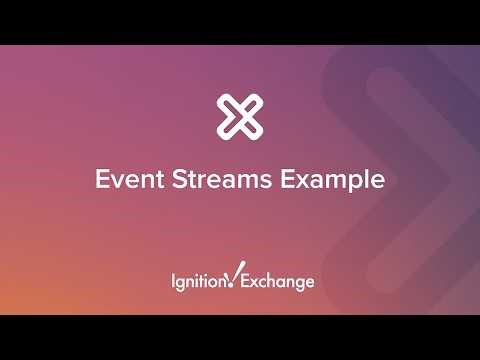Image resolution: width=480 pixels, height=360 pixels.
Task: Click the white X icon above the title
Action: (x=240, y=116)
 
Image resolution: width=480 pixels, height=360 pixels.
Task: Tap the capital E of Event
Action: (x=101, y=181)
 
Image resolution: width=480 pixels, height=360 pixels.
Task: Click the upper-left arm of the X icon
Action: (x=227, y=104)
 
